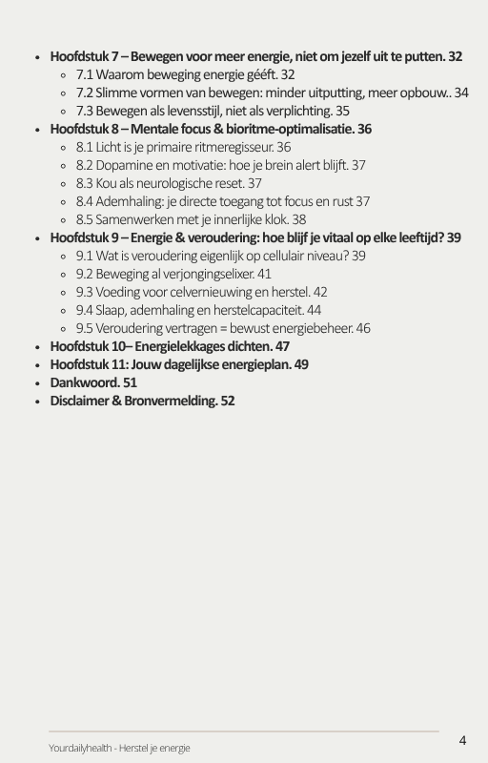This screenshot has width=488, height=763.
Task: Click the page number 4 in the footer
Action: tap(462, 740)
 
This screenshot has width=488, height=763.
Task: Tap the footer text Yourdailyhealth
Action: tap(83, 748)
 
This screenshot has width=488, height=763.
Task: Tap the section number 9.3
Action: tap(85, 292)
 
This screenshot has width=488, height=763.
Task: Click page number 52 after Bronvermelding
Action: tap(227, 401)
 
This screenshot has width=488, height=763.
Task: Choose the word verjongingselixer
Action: tap(201, 274)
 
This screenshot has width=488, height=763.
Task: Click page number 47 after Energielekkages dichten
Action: tap(281, 346)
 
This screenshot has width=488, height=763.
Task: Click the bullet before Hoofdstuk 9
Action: tap(36, 238)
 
